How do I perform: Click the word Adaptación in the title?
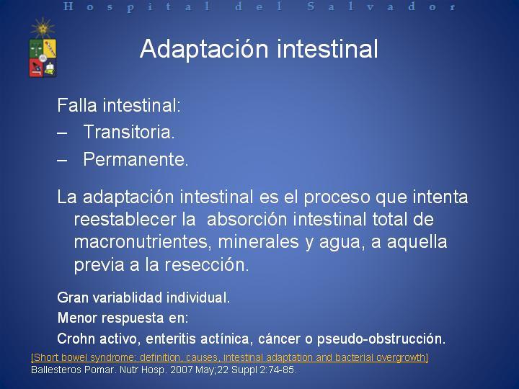[x=204, y=49]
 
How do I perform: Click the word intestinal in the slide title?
[x=327, y=48]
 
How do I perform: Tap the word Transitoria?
[x=129, y=132]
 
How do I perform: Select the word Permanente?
[x=136, y=159]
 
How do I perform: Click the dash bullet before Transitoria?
[x=62, y=133]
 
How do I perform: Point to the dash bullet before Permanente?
[x=62, y=161]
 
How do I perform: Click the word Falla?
[x=77, y=105]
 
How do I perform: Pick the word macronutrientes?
[x=143, y=242]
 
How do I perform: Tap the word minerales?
[x=259, y=241]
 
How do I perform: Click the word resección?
[x=207, y=264]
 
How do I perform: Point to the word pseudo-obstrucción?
[x=381, y=339]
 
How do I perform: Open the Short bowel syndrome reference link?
[x=229, y=357]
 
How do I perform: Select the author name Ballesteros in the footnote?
[x=56, y=370]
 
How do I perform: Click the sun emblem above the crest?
[x=43, y=28]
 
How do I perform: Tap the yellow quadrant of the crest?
[x=50, y=48]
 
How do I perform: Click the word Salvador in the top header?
[x=381, y=6]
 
